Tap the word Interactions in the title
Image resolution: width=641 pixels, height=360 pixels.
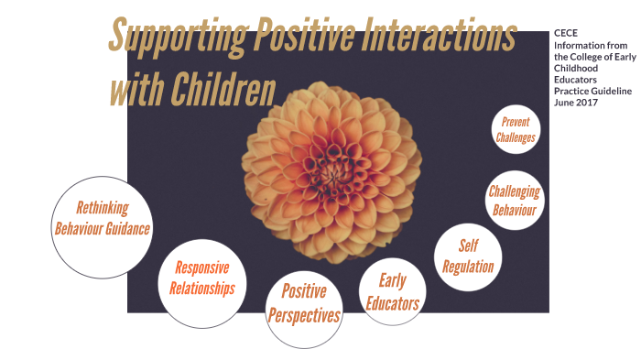point(441,37)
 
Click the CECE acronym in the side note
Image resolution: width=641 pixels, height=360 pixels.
point(566,33)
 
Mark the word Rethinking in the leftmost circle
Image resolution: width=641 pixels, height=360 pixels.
point(102,207)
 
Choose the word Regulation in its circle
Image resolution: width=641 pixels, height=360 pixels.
point(468,267)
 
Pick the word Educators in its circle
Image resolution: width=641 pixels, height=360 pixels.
point(392,303)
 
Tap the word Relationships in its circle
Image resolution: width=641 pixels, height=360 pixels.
point(201,289)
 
